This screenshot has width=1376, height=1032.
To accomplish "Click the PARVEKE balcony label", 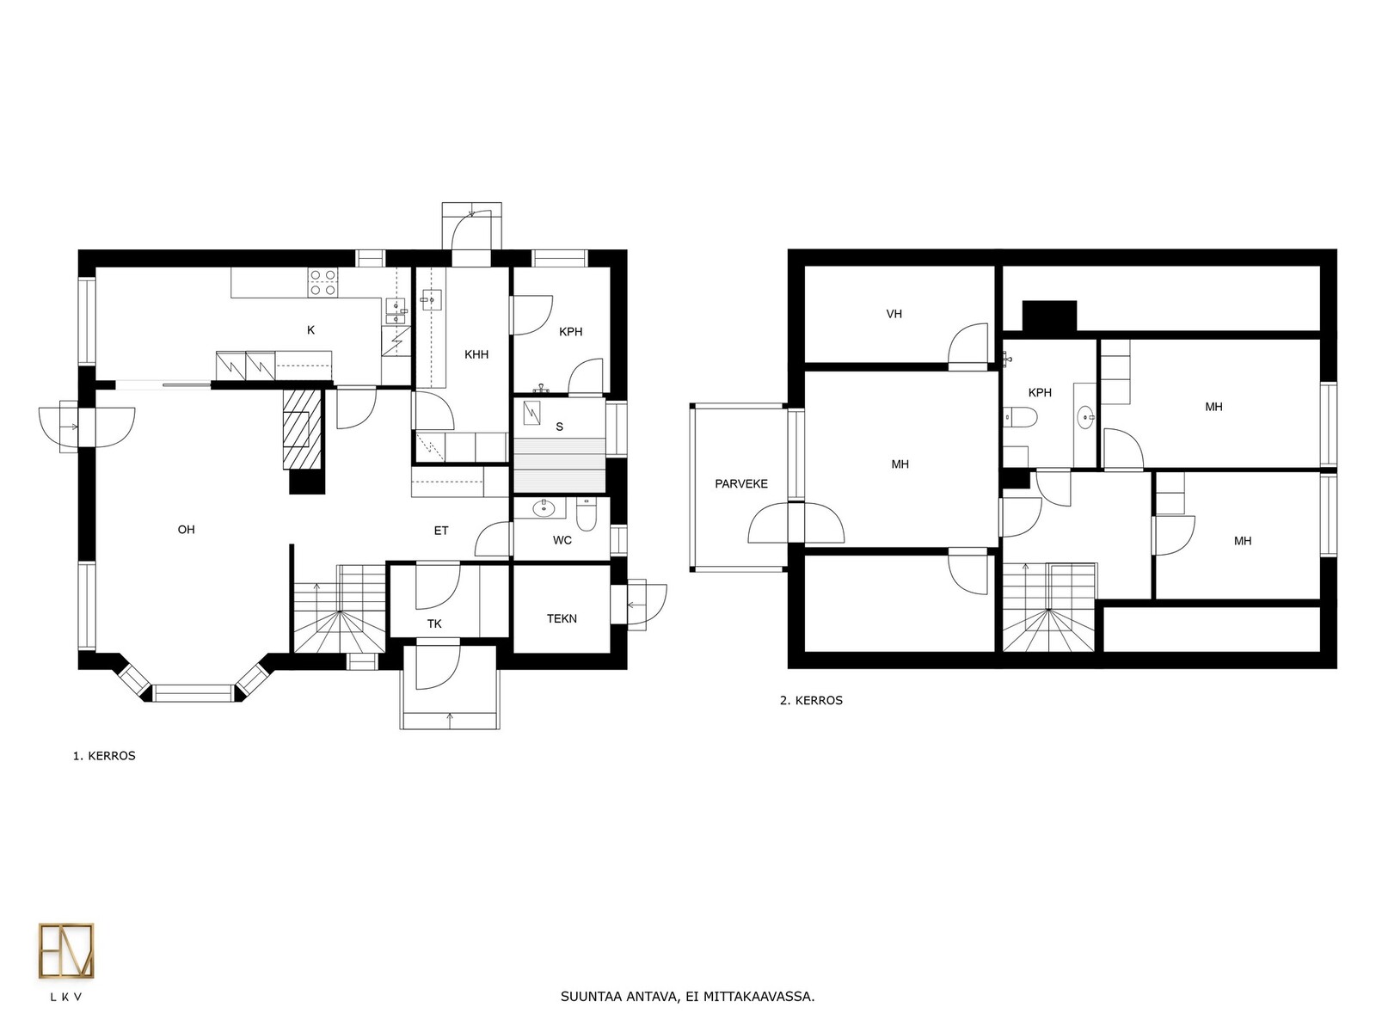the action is pos(741,483).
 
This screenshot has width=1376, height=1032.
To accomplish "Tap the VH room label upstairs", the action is pos(894,314).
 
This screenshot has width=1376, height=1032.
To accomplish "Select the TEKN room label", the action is pos(562,618).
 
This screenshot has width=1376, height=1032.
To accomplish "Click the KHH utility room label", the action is pos(476,354).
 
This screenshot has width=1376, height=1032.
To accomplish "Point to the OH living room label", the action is pos(186,530).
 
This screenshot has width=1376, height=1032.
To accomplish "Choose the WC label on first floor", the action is pos(562,540).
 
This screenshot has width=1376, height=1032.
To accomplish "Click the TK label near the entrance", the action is pos(434,623).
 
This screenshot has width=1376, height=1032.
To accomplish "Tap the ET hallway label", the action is pos(441,531).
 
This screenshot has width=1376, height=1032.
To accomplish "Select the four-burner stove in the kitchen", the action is pos(322,281).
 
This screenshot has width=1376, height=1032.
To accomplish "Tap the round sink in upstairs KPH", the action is pos(1085,416).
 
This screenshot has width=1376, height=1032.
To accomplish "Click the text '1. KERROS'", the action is pos(104,756).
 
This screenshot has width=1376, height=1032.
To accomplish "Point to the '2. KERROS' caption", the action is pos(811,701).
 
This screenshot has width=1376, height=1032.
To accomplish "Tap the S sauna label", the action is pos(560,427).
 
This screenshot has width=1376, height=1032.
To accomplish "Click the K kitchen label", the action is pos(311,330).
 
